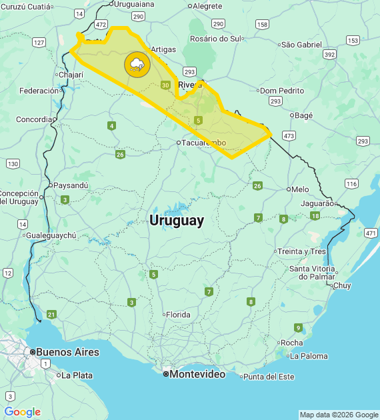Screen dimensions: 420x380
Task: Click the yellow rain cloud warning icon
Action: coord(137,65)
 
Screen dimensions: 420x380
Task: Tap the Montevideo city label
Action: coord(197,374)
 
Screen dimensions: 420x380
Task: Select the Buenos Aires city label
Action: coord(67,352)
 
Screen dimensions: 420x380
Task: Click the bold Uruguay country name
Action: coord(177,221)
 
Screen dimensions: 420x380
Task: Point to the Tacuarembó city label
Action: coord(204,143)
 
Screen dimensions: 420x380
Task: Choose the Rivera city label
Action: coord(190,85)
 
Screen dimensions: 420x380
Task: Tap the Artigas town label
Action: coord(163,49)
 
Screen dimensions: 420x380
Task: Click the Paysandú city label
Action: coord(71,185)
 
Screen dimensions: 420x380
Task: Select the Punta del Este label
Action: coord(268,377)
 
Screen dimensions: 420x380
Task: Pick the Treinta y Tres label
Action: coord(302,251)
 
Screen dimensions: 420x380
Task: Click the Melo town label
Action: coord(300,189)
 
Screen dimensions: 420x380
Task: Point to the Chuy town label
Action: coord(341,285)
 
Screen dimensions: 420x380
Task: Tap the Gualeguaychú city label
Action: coord(51,235)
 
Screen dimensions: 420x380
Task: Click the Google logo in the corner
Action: coord(22,412)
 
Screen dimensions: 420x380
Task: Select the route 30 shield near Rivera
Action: coord(165,85)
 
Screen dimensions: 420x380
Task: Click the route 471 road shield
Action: coord(371,233)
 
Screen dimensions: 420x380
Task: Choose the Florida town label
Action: coord(178,315)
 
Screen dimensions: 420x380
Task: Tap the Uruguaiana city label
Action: coord(134,4)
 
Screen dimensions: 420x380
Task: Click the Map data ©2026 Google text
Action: coord(339,415)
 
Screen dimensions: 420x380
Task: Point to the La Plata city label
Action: coord(77,375)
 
